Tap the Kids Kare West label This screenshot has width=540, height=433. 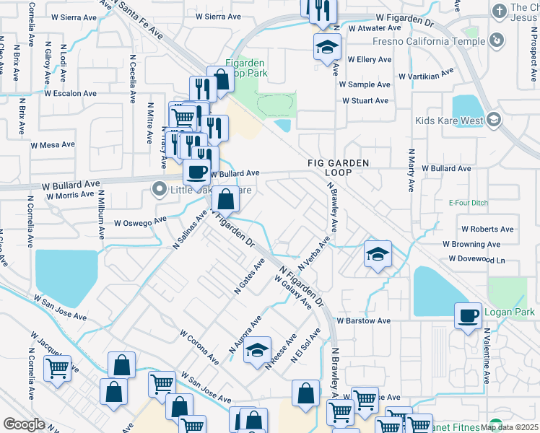[448, 121]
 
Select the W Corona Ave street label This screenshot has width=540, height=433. [199, 348]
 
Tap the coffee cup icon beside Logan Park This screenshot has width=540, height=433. [468, 315]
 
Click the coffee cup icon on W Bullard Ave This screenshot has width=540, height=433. [196, 172]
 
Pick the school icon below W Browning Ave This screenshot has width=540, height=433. [378, 254]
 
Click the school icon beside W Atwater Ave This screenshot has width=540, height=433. [327, 48]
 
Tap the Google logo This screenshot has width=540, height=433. [24, 424]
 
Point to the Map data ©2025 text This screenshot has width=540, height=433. [510, 427]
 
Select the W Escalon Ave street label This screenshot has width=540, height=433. [70, 93]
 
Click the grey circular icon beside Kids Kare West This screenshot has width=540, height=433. [494, 119]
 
